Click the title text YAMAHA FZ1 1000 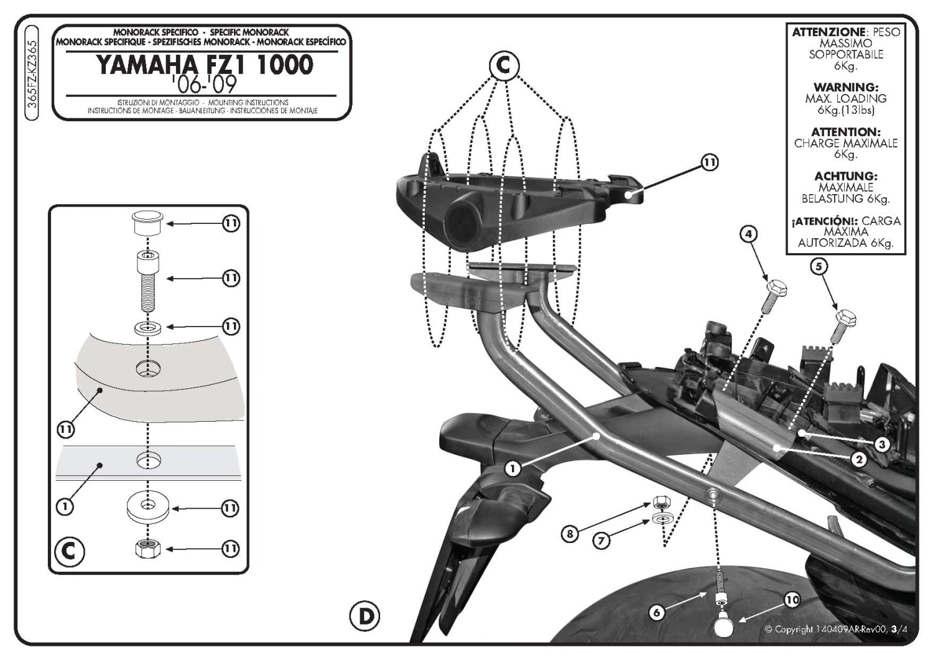205,65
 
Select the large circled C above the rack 503,65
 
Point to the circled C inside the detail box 70,551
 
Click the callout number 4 748,234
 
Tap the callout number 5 819,267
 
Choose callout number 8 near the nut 570,533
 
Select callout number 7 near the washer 601,541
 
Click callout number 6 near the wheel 657,612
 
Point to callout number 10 791,600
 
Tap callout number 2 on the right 858,460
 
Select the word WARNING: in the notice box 845,88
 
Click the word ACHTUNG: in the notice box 845,177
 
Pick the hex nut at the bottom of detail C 147,548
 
